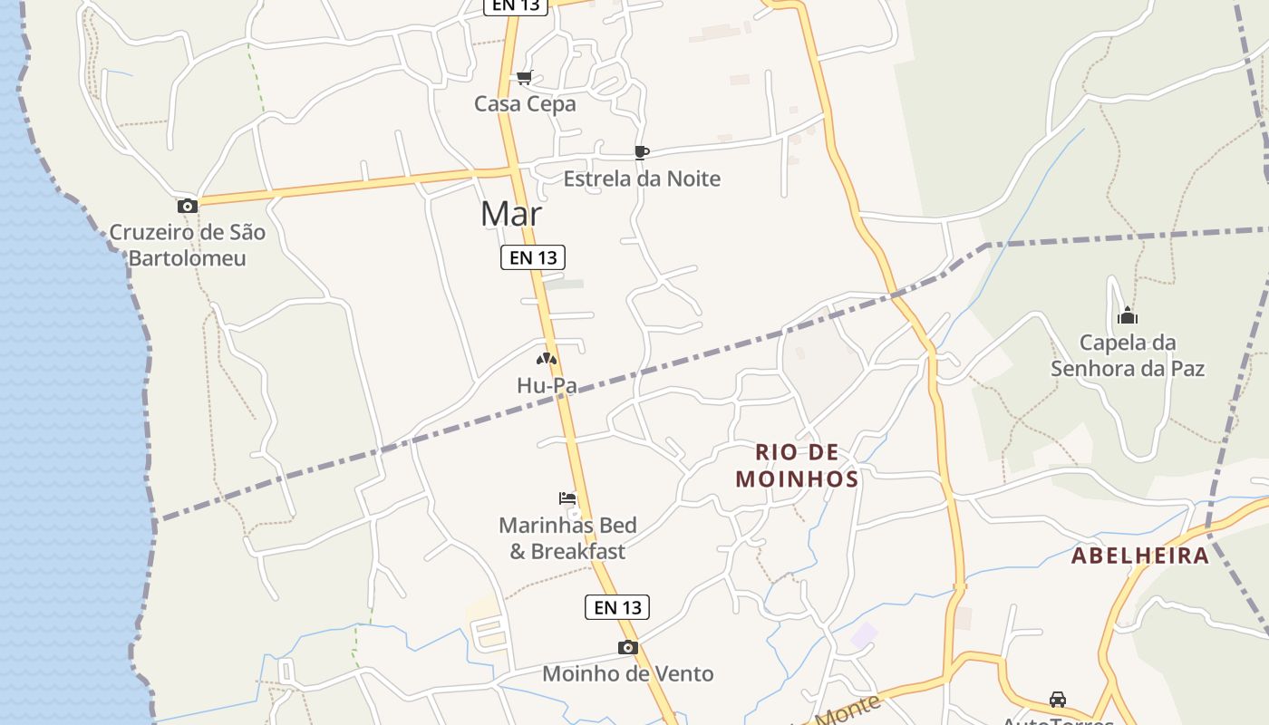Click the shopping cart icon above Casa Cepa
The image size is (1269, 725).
click(524, 78)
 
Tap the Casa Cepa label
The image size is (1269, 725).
click(525, 104)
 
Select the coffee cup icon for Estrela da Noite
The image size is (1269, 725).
click(642, 152)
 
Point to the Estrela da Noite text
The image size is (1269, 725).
click(642, 179)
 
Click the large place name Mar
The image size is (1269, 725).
click(511, 214)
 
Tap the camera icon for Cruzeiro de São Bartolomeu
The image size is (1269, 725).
click(188, 206)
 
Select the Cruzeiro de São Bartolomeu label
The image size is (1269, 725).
click(188, 245)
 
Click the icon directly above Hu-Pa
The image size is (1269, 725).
click(546, 360)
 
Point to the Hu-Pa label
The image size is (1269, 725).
click(547, 385)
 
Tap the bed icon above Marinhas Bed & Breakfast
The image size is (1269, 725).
click(567, 498)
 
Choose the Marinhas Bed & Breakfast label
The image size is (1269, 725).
click(567, 537)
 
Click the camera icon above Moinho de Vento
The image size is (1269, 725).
click(627, 647)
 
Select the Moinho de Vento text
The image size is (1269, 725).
click(628, 673)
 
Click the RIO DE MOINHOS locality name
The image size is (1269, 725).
click(797, 465)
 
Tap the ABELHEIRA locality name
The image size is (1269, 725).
click(1140, 556)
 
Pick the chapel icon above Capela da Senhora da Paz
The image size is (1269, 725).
click(1128, 316)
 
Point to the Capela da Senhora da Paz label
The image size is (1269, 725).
click(1128, 355)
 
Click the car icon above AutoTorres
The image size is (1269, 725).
click(1058, 700)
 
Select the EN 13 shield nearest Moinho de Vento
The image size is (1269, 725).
click(618, 607)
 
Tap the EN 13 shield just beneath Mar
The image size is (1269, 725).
click(533, 257)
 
